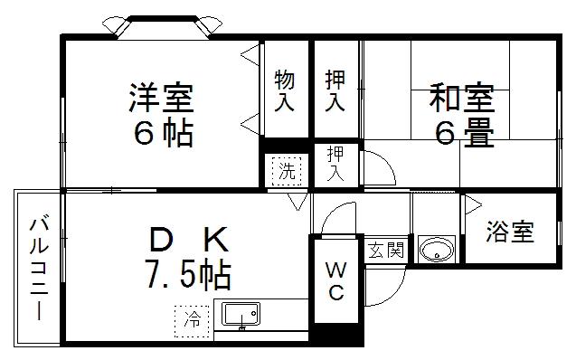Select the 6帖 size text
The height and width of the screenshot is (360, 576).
pos(163,133)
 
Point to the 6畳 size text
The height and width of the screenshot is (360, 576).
pos(465,134)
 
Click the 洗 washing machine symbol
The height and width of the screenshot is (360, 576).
pos(285,168)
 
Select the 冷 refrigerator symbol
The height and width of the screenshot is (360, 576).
pos(193,317)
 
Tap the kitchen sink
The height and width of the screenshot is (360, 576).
pos(240,316)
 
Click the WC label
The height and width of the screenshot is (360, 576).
pos(335,280)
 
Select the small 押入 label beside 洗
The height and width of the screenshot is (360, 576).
pos(335,164)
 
